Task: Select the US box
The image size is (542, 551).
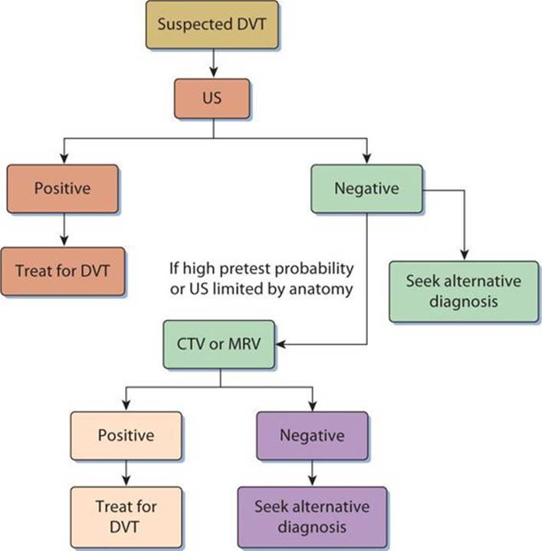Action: (x=212, y=100)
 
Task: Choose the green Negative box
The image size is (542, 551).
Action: (x=366, y=189)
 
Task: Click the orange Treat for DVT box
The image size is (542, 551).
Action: (x=64, y=271)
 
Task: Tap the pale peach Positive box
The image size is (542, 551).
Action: (x=126, y=436)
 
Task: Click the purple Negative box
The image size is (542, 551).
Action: (x=311, y=436)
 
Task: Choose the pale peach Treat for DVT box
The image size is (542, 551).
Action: (x=126, y=516)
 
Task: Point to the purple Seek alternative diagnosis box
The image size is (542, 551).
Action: (x=312, y=517)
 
